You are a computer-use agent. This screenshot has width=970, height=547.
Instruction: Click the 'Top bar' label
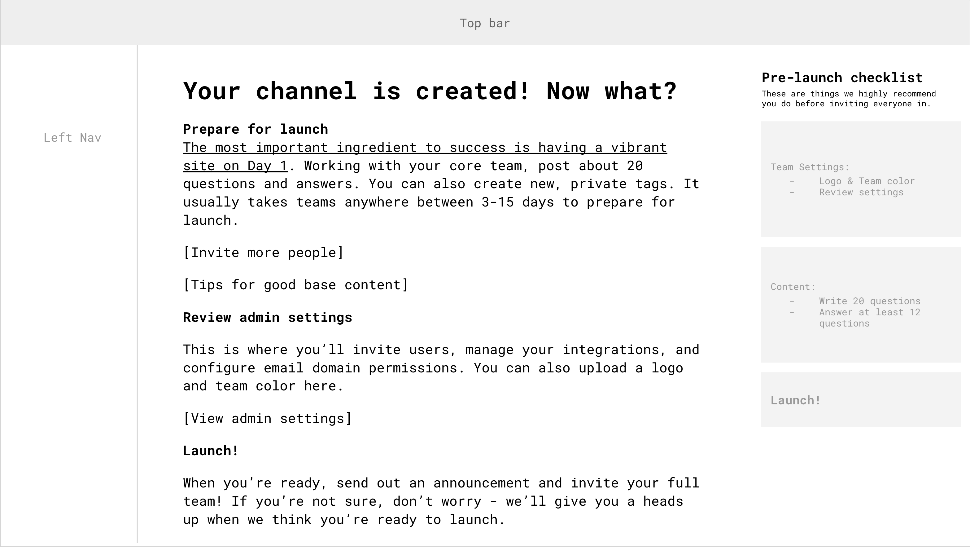[485, 23]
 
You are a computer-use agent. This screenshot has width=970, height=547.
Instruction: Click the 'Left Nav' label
[72, 138]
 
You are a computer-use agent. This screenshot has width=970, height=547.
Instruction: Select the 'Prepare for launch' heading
[255, 129]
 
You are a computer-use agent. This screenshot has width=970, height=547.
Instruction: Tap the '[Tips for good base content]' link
[295, 285]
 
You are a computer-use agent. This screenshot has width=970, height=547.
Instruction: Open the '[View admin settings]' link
[267, 418]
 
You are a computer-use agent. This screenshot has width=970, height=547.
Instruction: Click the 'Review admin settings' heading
[267, 318]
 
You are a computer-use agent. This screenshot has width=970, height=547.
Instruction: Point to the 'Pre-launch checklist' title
[842, 78]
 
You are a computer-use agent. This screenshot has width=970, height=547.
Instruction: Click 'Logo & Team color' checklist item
[867, 181]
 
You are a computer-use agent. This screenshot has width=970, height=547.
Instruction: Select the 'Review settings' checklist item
[861, 193]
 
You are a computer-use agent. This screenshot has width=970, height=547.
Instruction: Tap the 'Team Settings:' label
[810, 167]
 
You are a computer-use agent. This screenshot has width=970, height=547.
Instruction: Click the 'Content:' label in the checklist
[793, 287]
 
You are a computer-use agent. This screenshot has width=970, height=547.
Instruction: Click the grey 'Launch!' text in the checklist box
[795, 400]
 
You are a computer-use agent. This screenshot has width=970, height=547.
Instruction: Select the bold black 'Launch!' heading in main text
[211, 451]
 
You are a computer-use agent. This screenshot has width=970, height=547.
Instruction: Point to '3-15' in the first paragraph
[497, 202]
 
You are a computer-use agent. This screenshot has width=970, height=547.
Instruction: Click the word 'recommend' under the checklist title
[914, 94]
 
